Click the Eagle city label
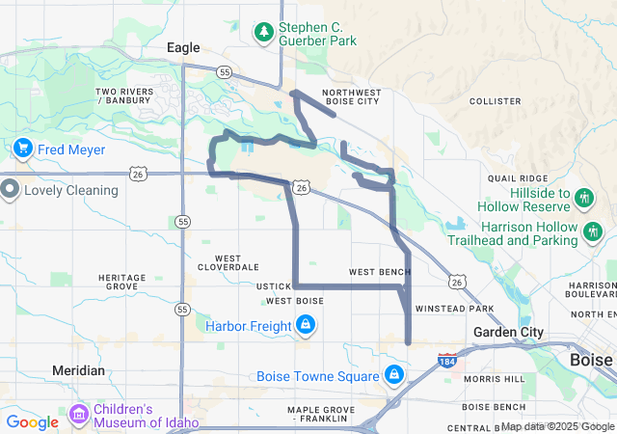pyautogui.click(x=183, y=47)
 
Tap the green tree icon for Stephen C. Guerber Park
pyautogui.click(x=264, y=33)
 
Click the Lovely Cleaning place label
pyautogui.click(x=71, y=190)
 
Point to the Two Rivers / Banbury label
pyautogui.click(x=124, y=96)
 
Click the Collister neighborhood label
pyautogui.click(x=495, y=101)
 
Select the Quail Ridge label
pyautogui.click(x=518, y=178)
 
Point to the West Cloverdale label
pyautogui.click(x=228, y=262)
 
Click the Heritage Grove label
pyautogui.click(x=121, y=282)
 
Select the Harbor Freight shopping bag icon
pyautogui.click(x=306, y=326)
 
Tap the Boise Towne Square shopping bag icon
pyautogui.click(x=393, y=375)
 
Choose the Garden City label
pyautogui.click(x=510, y=332)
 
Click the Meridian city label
pyautogui.click(x=78, y=370)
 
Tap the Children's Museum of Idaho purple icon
pyautogui.click(x=79, y=415)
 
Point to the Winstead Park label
pyautogui.click(x=454, y=309)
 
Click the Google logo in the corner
pyautogui.click(x=32, y=421)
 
